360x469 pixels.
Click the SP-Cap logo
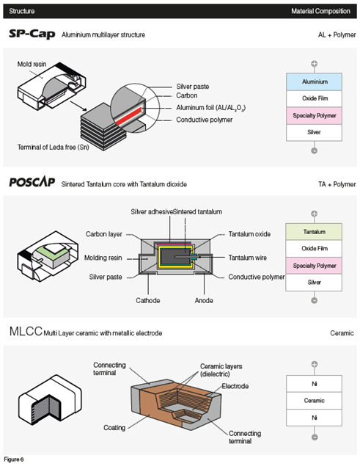pyautogui.click(x=32, y=34)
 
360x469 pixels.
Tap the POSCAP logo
pyautogui.click(x=32, y=181)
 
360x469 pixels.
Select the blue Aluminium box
pyautogui.click(x=314, y=81)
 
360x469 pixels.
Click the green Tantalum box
pyautogui.click(x=314, y=231)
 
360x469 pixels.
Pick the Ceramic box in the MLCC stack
pyautogui.click(x=314, y=401)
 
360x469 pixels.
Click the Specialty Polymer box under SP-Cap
pyautogui.click(x=314, y=115)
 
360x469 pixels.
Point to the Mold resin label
pyautogui.click(x=32, y=64)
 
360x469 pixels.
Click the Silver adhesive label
pyautogui.click(x=152, y=212)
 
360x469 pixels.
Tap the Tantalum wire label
pyautogui.click(x=247, y=258)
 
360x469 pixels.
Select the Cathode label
pyautogui.click(x=148, y=300)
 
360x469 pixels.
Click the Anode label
pyautogui.click(x=204, y=300)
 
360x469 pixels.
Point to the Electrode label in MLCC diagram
pyautogui.click(x=235, y=386)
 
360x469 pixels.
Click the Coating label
pyautogui.click(x=114, y=428)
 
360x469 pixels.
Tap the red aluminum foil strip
pyautogui.click(x=128, y=117)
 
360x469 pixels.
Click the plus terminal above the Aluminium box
pyautogui.click(x=314, y=64)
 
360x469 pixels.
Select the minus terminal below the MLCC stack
pyautogui.click(x=315, y=437)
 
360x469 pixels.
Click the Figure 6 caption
pyautogui.click(x=14, y=459)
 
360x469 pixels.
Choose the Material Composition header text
pyautogui.click(x=320, y=11)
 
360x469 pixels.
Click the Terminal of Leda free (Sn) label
pyautogui.click(x=54, y=148)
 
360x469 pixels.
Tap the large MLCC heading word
pyautogui.click(x=26, y=332)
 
